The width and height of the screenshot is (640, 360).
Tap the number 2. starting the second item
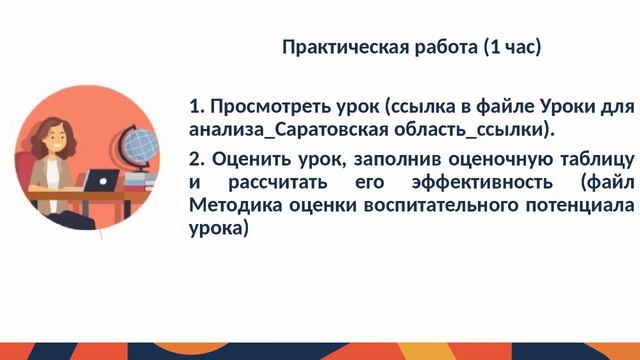click(196, 159)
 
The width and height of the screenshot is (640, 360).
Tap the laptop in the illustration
click(100, 182)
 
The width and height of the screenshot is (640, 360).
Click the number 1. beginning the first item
click(196, 106)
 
